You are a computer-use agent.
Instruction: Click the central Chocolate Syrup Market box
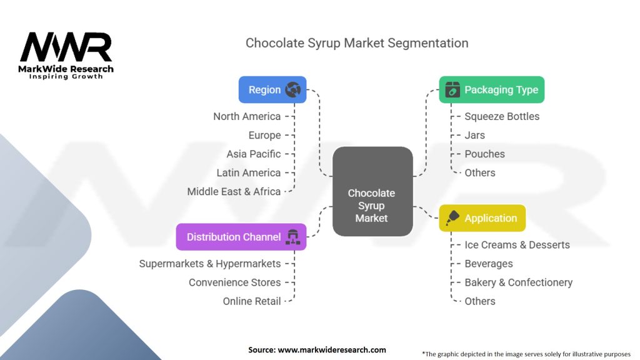372,191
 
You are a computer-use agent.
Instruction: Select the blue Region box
272,89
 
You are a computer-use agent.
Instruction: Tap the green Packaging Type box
491,89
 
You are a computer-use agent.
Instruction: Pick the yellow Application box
482,218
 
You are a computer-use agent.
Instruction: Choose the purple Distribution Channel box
241,237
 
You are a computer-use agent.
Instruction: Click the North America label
247,116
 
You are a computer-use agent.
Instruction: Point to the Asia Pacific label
254,154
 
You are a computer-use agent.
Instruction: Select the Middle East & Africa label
234,191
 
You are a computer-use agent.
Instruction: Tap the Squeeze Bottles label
502,116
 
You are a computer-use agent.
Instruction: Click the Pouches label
484,154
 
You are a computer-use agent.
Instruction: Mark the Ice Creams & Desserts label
517,245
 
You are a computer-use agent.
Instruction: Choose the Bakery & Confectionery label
518,282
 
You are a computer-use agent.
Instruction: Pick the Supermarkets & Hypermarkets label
210,264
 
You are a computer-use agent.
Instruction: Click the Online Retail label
252,301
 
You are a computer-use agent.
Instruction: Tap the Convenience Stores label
235,282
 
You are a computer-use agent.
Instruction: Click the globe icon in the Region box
292,89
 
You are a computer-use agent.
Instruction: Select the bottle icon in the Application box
453,218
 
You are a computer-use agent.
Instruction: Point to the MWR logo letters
66,47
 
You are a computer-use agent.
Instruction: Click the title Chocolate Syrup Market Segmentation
357,43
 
